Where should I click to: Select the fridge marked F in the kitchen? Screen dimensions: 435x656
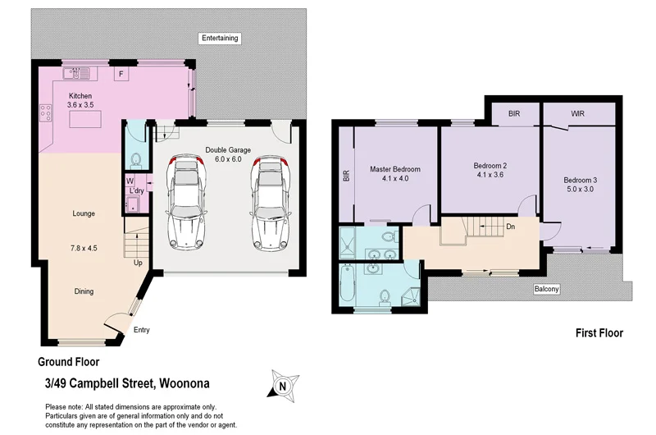coord(121,75)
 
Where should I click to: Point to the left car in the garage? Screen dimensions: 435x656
coord(186,203)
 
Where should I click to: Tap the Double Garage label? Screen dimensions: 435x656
coord(228,150)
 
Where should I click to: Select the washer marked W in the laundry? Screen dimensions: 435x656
coord(130,181)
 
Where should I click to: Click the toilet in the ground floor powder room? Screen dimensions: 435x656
coord(136,158)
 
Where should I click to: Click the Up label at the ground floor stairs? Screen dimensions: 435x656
coord(139,263)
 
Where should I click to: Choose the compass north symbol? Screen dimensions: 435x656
coord(284,384)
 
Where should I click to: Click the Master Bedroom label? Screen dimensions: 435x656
coord(394,169)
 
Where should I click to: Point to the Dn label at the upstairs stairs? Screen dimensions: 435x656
coord(510,227)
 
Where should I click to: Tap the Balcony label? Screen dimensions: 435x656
coord(546,289)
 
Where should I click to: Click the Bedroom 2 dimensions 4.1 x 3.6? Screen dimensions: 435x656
coord(490,175)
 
